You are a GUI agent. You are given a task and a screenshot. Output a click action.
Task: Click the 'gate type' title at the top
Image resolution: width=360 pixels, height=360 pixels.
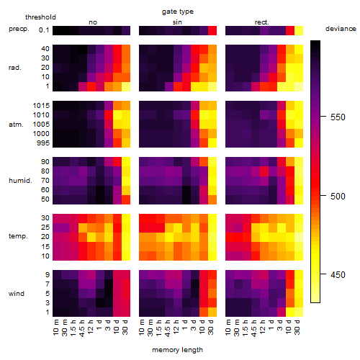[x=178, y=12]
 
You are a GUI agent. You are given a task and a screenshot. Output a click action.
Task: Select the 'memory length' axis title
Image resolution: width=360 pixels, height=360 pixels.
[x=177, y=350]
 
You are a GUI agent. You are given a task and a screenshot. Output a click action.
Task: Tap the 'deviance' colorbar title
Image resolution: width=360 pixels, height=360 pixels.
[x=341, y=29]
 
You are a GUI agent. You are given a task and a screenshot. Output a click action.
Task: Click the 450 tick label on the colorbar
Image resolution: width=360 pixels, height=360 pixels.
[x=338, y=274]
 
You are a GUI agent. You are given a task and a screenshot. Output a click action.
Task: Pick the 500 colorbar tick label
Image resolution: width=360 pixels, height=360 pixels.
[x=338, y=196]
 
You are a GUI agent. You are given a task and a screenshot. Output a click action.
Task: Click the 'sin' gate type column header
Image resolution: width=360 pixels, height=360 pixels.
[x=177, y=22]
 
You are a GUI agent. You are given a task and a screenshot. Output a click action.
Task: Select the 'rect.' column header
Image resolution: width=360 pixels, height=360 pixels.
[x=262, y=22]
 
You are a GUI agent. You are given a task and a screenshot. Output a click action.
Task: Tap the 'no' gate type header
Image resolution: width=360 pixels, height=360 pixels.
[x=93, y=22]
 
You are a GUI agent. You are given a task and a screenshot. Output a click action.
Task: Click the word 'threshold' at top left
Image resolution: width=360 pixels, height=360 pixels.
[x=40, y=17]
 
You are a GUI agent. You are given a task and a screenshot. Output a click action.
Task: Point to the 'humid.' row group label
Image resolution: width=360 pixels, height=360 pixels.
[x=20, y=181]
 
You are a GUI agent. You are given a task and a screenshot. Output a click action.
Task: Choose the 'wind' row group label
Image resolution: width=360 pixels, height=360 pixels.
[x=17, y=294]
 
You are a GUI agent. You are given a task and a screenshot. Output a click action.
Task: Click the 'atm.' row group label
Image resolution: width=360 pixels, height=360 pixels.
[x=16, y=125]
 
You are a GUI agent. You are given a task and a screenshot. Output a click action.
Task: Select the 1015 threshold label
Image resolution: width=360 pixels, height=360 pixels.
[x=41, y=106]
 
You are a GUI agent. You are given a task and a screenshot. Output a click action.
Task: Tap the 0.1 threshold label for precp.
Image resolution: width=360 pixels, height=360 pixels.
[x=44, y=30]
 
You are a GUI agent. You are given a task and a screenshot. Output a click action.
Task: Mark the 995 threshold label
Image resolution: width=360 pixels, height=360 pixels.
[x=43, y=143]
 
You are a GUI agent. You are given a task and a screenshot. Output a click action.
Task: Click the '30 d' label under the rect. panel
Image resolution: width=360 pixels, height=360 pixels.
[x=297, y=327]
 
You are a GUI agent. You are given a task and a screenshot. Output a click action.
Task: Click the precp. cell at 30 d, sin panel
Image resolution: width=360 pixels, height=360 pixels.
[x=212, y=30]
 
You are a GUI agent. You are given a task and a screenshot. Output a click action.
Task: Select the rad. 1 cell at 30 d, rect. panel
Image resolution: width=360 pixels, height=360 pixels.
[x=299, y=86]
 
